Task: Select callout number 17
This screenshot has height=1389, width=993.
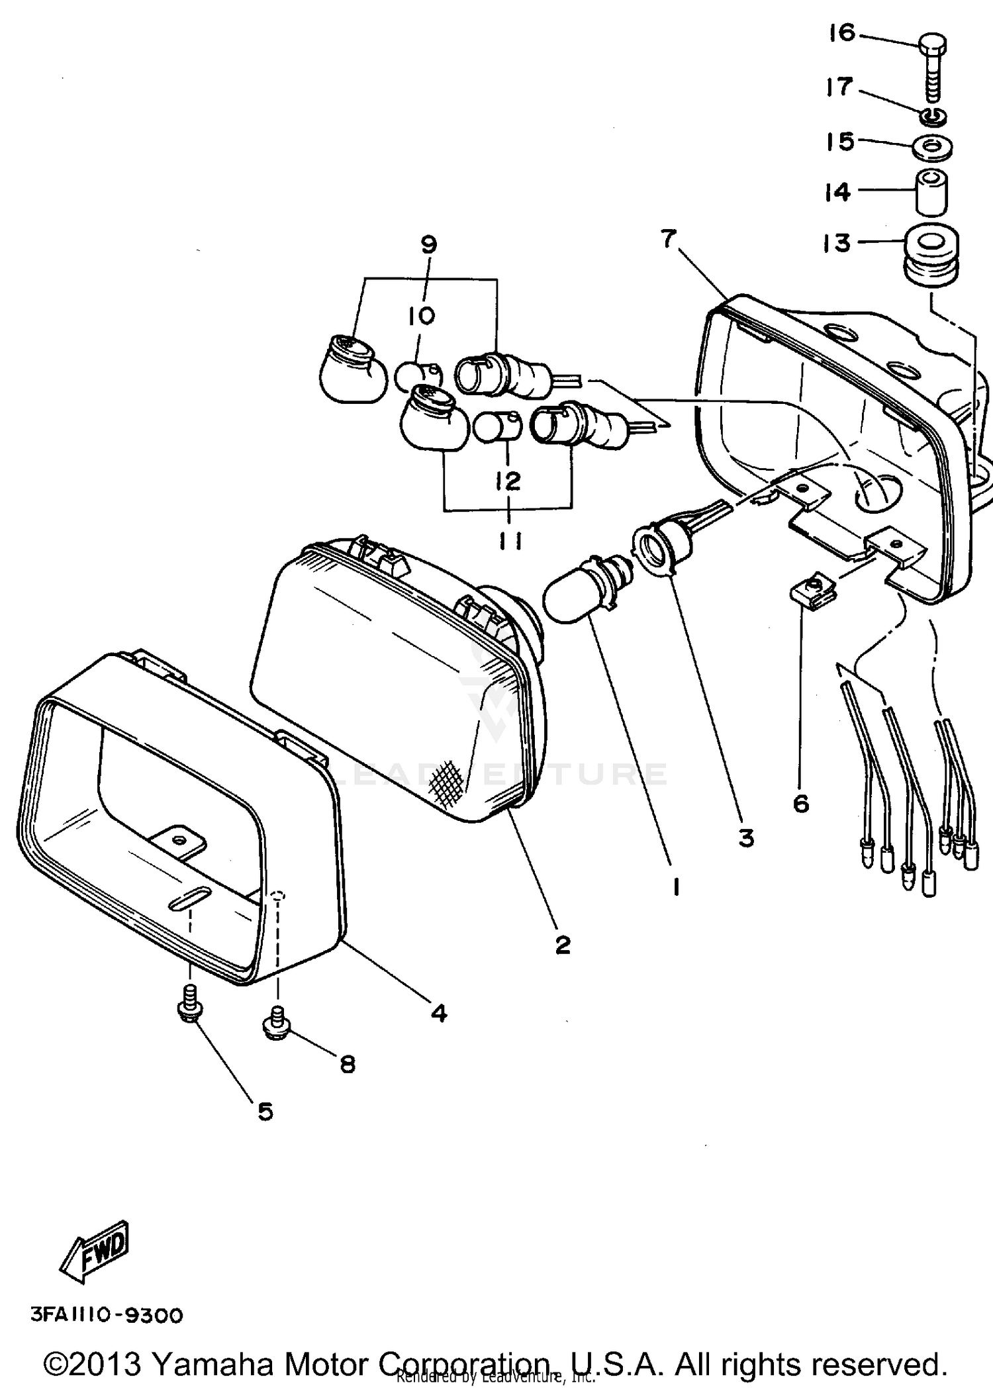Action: coord(839,86)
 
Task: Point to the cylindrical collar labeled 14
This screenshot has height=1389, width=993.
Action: coord(931,191)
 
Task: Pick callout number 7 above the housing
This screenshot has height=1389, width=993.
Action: coord(669,238)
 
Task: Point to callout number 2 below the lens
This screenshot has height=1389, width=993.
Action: coord(562,945)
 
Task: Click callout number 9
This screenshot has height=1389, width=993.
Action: coord(428,246)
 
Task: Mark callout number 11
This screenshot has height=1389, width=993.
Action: coord(509,542)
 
